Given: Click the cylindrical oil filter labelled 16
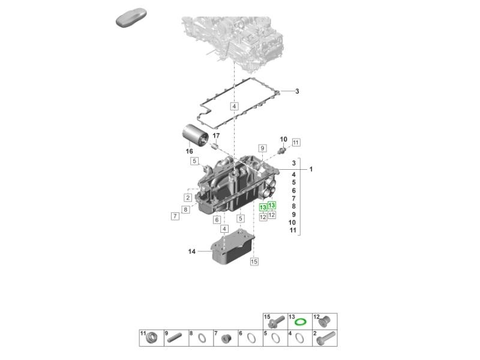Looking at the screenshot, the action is coord(195,136).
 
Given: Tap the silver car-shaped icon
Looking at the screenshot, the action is coord(131,17).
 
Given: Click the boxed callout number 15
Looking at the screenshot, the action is coord(254,262).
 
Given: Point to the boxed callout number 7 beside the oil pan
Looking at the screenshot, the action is coord(175,216).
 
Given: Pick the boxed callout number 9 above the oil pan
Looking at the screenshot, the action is coord(262,148).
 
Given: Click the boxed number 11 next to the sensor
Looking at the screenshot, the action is coord(296,142).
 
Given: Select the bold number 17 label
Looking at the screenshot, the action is coord(216,136).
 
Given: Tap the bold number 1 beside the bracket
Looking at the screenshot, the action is coord(311,169).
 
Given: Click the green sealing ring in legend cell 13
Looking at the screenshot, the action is coord(301,322).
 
